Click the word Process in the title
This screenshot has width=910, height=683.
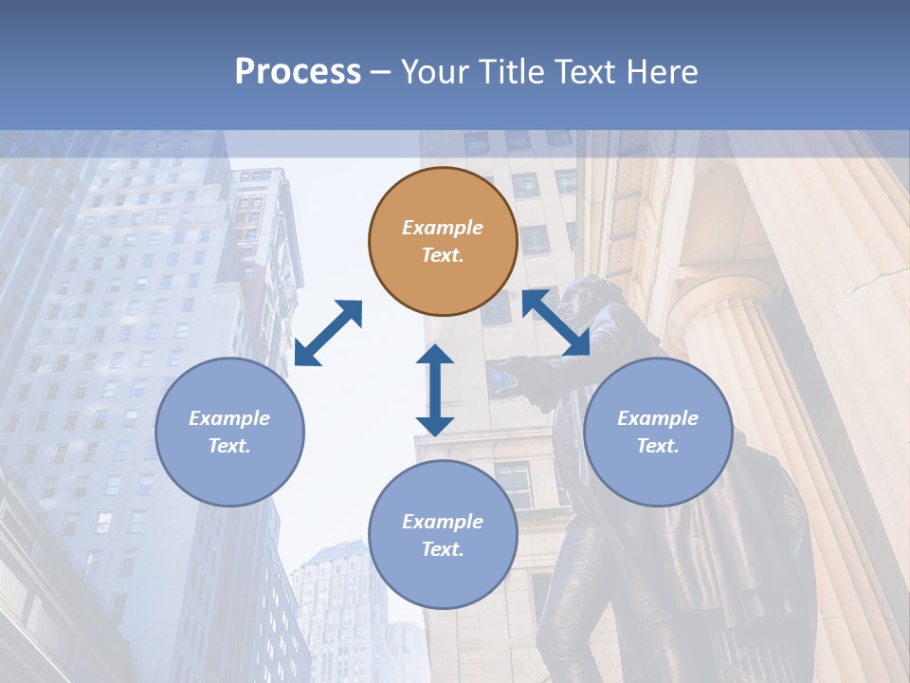(298, 72)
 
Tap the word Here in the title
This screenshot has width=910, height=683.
(661, 72)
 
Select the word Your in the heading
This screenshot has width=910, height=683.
(437, 72)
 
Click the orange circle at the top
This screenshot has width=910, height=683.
(443, 241)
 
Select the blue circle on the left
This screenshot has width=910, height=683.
(229, 432)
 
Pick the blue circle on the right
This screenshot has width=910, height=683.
(658, 432)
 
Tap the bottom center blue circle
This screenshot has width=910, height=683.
(443, 535)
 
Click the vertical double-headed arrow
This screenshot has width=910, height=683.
(435, 390)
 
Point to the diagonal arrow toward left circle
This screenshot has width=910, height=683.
(328, 333)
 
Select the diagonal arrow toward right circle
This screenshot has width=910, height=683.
(556, 323)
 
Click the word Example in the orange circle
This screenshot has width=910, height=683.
(443, 228)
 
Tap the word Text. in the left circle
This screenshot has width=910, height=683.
(229, 446)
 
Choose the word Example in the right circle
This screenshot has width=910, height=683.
(658, 418)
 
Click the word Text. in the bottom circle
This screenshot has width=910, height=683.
(443, 549)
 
